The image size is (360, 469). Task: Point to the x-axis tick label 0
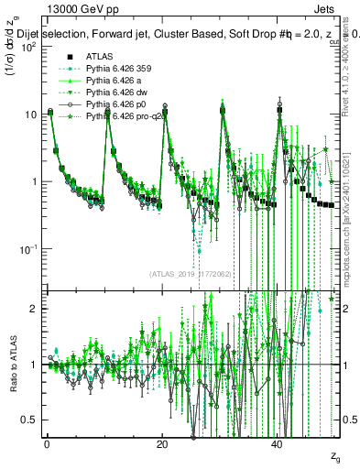coord(47,443)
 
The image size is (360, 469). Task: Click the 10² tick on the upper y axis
coord(28,47)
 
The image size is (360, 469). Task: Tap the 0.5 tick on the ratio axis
coord(31,420)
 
